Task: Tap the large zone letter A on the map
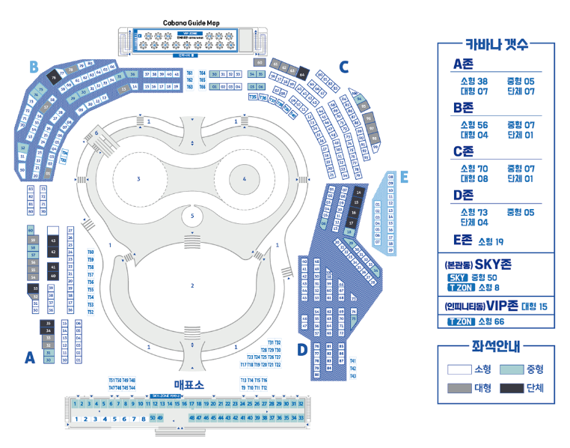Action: point(30,358)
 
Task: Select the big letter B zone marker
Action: point(34,67)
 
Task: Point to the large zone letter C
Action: point(343,67)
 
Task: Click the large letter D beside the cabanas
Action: point(302,349)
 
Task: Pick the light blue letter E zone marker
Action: point(403,178)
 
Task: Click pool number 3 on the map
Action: point(138,179)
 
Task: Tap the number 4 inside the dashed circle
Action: point(244,179)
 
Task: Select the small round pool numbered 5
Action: point(192,217)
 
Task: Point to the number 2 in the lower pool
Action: point(192,285)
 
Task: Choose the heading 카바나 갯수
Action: point(496,44)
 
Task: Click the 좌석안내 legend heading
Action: point(496,347)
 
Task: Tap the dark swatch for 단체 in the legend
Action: point(512,387)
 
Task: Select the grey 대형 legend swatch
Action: point(459,387)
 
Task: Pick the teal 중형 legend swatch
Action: point(512,369)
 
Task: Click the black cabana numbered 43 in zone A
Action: point(52,240)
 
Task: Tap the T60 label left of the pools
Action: point(91,252)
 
